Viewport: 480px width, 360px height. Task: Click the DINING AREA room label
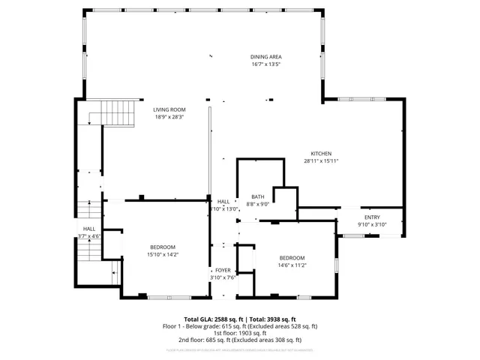pyautogui.click(x=265, y=57)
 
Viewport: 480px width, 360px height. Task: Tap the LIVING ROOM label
pyautogui.click(x=169, y=109)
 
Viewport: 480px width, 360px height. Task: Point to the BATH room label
pyautogui.click(x=257, y=196)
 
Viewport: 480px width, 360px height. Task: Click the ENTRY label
pyautogui.click(x=372, y=217)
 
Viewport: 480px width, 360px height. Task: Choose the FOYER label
pyautogui.click(x=223, y=270)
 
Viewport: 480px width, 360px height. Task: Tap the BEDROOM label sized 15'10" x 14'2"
pyautogui.click(x=162, y=247)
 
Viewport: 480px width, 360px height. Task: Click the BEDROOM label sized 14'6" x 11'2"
pyautogui.click(x=292, y=257)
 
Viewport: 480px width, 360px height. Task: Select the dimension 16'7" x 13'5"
pyautogui.click(x=265, y=64)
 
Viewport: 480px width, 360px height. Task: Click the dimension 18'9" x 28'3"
pyautogui.click(x=169, y=116)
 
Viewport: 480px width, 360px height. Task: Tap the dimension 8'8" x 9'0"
pyautogui.click(x=257, y=204)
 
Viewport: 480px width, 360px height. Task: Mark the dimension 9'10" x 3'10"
pyautogui.click(x=372, y=225)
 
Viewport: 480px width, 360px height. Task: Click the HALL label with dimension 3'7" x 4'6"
pyautogui.click(x=88, y=229)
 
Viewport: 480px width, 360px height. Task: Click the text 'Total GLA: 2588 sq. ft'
pyautogui.click(x=214, y=319)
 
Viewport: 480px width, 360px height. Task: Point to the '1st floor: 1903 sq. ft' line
pyautogui.click(x=240, y=333)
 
